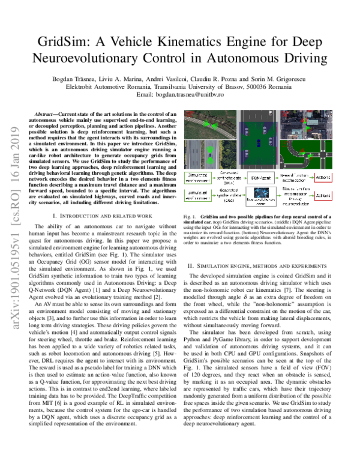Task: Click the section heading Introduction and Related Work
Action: click(x=103, y=214)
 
